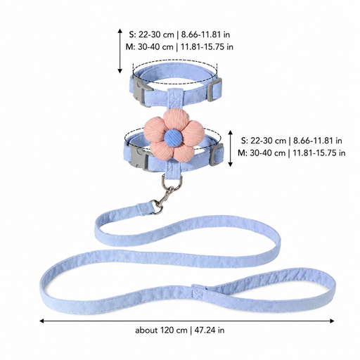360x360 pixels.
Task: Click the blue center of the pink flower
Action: pyautogui.click(x=174, y=138)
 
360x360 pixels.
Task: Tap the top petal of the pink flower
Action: pyautogui.click(x=176, y=120)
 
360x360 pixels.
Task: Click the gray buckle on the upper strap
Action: pyautogui.click(x=141, y=91)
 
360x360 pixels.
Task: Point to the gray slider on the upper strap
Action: pyautogui.click(x=214, y=89)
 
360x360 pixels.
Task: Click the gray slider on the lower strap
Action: pyautogui.click(x=216, y=155)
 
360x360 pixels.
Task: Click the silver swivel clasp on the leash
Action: pyautogui.click(x=163, y=200)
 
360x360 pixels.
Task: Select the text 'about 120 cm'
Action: pyautogui.click(x=161, y=330)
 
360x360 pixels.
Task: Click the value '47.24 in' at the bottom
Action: pyautogui.click(x=210, y=330)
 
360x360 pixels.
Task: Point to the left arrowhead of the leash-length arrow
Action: pyautogui.click(x=42, y=321)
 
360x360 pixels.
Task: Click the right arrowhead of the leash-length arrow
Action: pyautogui.click(x=332, y=321)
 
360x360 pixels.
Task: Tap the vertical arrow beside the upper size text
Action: pyautogui.click(x=120, y=51)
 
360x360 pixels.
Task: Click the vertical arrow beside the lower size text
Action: pyautogui.click(x=230, y=148)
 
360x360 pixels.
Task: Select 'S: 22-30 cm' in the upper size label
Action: pyautogui.click(x=152, y=34)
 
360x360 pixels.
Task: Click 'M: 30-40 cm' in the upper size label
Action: pyautogui.click(x=149, y=47)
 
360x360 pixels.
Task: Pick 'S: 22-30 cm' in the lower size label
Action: pyautogui.click(x=264, y=141)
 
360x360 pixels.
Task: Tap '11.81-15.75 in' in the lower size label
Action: pyautogui.click(x=319, y=153)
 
